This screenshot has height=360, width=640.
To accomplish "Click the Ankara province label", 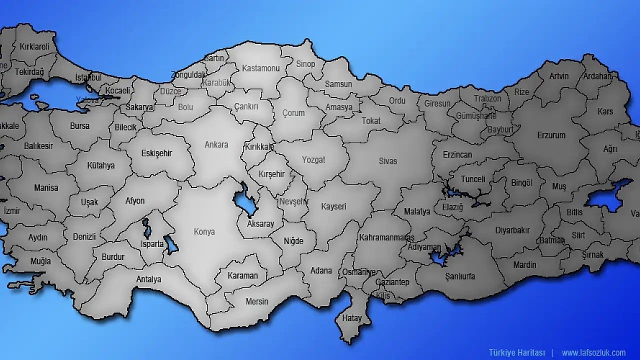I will click(216, 144).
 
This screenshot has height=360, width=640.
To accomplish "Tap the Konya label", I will click(204, 231).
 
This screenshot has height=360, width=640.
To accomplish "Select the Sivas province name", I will click(387, 161).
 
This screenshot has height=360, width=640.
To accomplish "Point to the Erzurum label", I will click(551, 135).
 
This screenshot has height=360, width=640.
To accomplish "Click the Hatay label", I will click(351, 317).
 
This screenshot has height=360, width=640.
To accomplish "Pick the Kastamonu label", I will click(260, 68).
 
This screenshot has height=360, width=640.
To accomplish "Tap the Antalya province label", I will click(148, 279).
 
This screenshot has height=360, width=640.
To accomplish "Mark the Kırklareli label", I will click(34, 46).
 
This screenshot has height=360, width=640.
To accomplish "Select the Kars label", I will click(605, 111).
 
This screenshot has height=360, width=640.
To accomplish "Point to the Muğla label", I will click(40, 261).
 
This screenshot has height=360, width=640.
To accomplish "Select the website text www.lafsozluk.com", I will click(593, 352).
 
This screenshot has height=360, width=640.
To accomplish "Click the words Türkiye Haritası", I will click(517, 352).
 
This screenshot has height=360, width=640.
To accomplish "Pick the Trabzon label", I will click(487, 98).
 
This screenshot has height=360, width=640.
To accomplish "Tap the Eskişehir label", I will click(156, 153).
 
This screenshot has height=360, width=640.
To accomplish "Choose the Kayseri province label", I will click(333, 206).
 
